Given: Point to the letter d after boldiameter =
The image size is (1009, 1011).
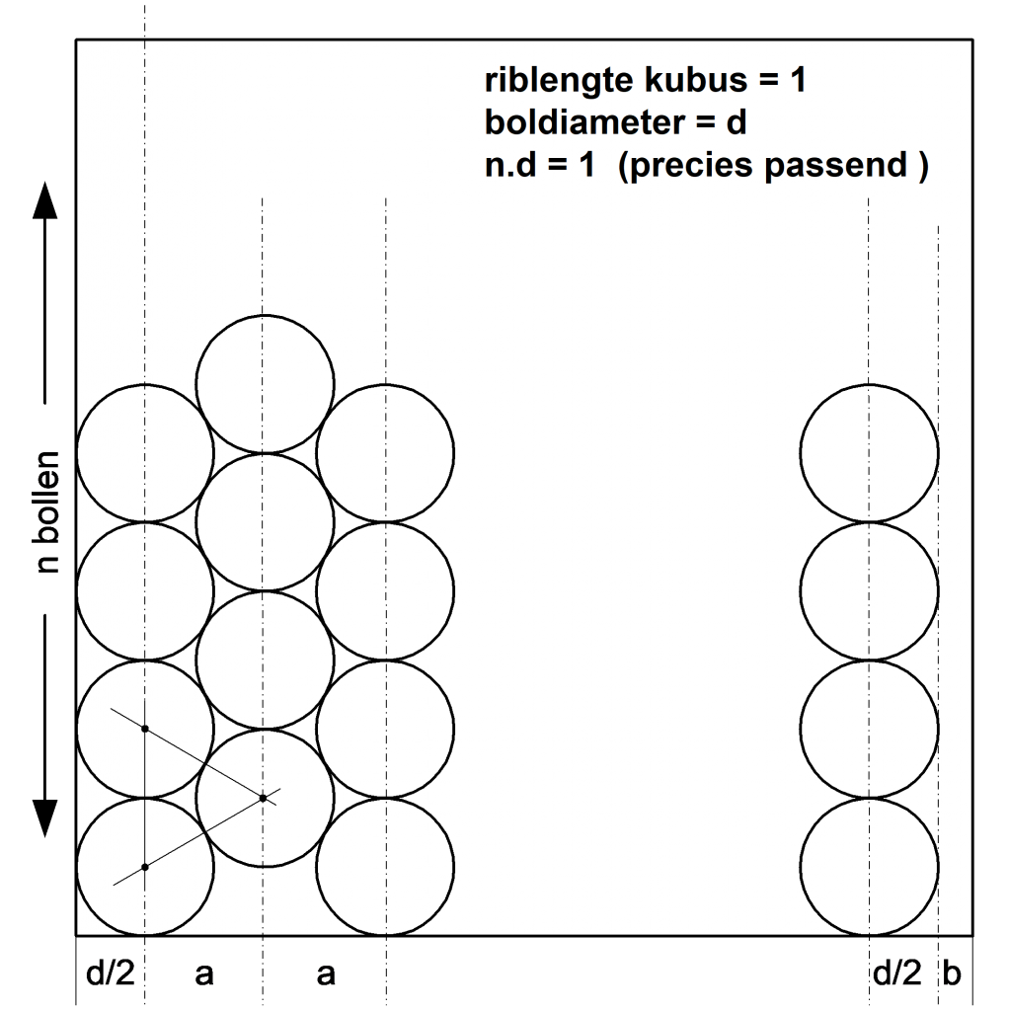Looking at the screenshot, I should tap(736, 124).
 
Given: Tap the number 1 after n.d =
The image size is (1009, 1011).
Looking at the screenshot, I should tap(586, 166).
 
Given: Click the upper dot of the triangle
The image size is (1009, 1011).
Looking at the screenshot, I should tap(145, 729).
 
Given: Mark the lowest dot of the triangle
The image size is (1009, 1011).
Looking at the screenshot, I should tap(145, 867).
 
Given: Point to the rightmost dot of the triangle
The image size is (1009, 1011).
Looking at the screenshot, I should tap(263, 798).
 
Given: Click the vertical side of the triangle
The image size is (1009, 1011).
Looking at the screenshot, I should tap(145, 798).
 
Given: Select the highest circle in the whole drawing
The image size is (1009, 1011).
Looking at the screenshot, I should tap(265, 384).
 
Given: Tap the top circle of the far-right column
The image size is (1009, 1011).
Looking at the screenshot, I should tap(869, 453).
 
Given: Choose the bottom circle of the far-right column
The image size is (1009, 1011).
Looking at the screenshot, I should tap(869, 867).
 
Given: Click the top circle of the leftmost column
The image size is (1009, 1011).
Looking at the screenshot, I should tap(145, 453).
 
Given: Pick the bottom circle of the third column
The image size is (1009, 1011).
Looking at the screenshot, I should tap(385, 867).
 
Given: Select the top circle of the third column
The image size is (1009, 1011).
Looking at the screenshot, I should tap(385, 453).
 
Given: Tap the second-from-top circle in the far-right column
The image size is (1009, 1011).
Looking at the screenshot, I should tap(869, 591).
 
